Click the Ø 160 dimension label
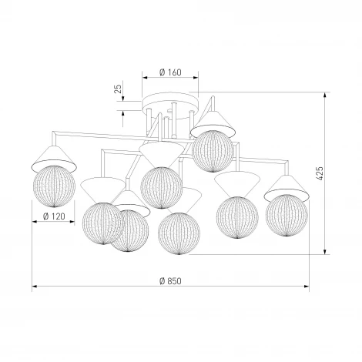click(x=170, y=72)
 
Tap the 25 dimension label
click(x=118, y=89)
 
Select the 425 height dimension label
click(x=320, y=173)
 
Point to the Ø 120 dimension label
click(x=54, y=216)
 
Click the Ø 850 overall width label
click(x=170, y=281)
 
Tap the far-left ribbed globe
click(x=54, y=186)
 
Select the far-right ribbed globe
click(x=287, y=215)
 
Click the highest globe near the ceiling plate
click(x=213, y=151)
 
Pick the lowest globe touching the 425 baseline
click(x=179, y=233)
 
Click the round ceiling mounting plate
click(x=170, y=106)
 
